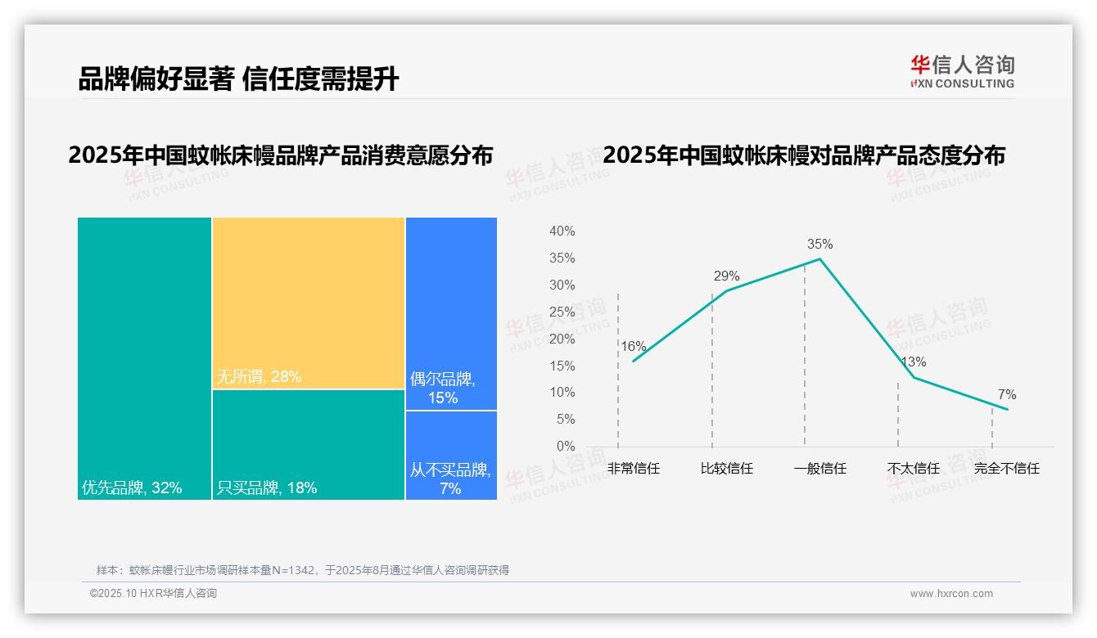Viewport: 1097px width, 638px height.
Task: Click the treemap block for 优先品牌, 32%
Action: pyautogui.click(x=144, y=357)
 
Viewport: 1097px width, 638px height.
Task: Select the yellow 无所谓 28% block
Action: pyautogui.click(x=309, y=302)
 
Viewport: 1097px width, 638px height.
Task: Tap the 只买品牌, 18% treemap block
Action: pyautogui.click(x=309, y=444)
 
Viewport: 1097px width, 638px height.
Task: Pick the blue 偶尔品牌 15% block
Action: pyautogui.click(x=451, y=313)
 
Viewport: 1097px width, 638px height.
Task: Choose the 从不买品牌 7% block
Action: pyautogui.click(x=451, y=455)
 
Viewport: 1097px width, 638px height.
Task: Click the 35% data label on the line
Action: pyautogui.click(x=819, y=244)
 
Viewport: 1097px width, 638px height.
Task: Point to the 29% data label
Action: pyautogui.click(x=726, y=276)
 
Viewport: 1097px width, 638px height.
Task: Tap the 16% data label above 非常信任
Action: pyautogui.click(x=633, y=346)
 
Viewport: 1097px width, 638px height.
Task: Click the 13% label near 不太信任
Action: pyautogui.click(x=913, y=362)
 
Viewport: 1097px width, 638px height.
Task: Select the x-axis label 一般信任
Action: pyautogui.click(x=819, y=469)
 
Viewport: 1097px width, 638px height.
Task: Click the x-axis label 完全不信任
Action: pyautogui.click(x=1006, y=469)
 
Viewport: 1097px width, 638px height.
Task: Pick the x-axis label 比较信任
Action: pyautogui.click(x=726, y=469)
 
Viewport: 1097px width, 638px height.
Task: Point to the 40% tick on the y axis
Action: pyautogui.click(x=562, y=231)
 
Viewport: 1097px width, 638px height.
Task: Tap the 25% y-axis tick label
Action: pyautogui.click(x=562, y=312)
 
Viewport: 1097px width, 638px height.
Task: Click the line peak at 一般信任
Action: pyautogui.click(x=819, y=259)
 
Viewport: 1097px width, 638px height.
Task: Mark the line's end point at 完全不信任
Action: pyautogui.click(x=1007, y=409)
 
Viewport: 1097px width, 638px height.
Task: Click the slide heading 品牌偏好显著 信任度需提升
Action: pyautogui.click(x=238, y=79)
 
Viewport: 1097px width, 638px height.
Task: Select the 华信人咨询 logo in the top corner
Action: pyautogui.click(x=962, y=71)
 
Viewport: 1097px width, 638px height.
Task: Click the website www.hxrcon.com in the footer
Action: pyautogui.click(x=951, y=594)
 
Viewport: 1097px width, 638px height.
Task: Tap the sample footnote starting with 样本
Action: pyautogui.click(x=303, y=570)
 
